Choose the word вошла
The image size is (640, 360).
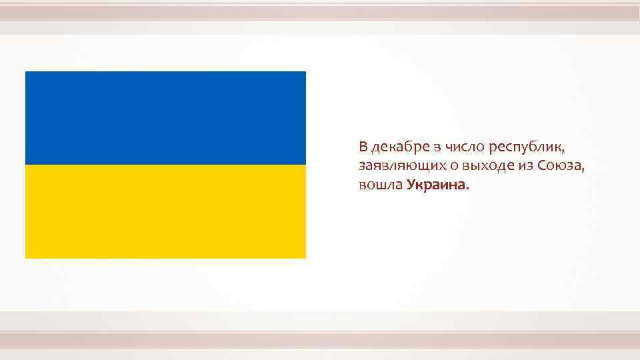point(379,185)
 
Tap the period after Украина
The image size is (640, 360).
point(468,189)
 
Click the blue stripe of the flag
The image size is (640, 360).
point(165,118)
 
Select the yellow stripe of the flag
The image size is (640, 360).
point(165,211)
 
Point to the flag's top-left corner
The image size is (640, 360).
point(25,71)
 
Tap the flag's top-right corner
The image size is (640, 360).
point(305,71)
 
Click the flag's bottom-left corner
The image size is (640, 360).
point(25,257)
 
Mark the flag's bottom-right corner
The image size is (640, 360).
point(305,257)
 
